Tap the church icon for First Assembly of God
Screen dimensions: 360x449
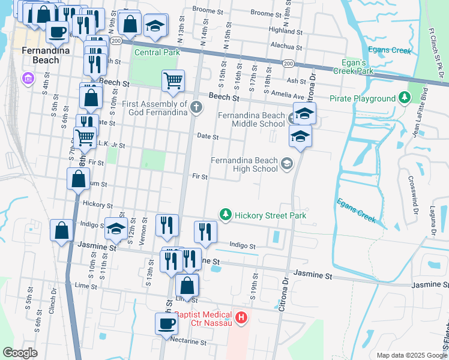[x=196, y=108]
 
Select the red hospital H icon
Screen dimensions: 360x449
[x=241, y=317]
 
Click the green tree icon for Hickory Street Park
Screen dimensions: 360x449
[x=226, y=214]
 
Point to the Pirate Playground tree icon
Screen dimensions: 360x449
[x=405, y=97]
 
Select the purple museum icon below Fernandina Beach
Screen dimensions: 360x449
[x=26, y=77]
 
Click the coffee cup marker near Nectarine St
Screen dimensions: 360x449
[x=166, y=323]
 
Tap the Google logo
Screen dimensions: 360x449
[x=20, y=352]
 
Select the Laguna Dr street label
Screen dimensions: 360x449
[x=432, y=220]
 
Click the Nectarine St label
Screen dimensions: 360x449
[x=188, y=343]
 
